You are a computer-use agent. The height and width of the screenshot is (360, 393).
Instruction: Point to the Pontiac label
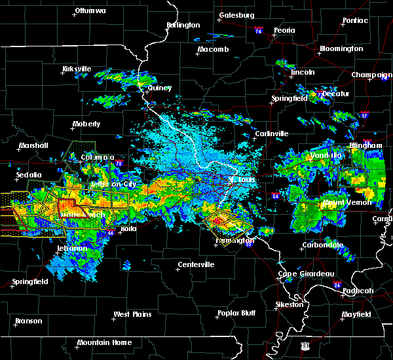(354, 21)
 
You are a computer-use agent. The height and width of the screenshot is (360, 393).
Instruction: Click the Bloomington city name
(341, 49)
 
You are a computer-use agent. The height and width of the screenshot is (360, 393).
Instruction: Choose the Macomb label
(214, 50)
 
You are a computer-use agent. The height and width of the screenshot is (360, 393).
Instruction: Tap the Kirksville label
(77, 69)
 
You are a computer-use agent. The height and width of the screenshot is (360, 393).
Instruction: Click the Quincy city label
(160, 88)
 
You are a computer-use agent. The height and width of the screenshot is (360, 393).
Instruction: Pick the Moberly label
(86, 124)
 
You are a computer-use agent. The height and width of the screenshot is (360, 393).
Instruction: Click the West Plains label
(130, 314)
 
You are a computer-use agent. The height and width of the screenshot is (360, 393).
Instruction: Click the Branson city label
(29, 321)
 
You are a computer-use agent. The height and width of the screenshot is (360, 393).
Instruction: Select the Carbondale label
(322, 245)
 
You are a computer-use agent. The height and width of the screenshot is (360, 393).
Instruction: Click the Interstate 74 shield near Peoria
(259, 31)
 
